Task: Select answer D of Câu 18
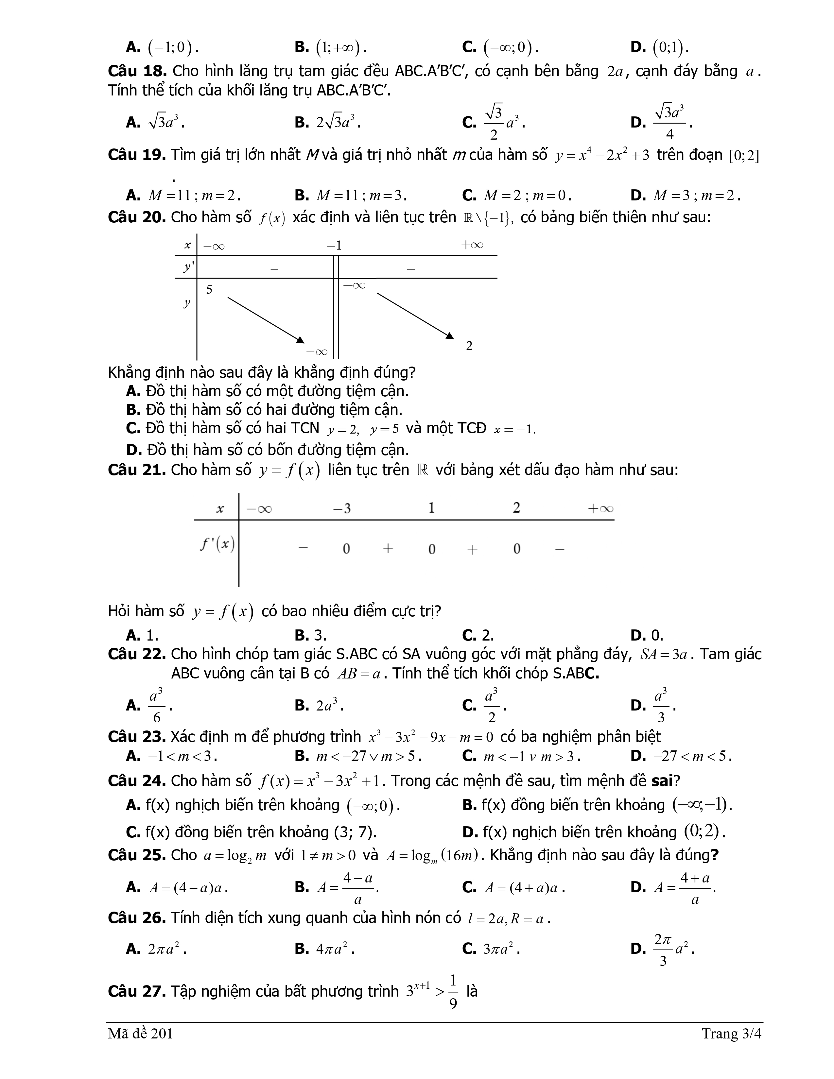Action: tap(662, 122)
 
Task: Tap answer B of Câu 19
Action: tap(351, 196)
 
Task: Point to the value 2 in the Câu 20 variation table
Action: tap(469, 346)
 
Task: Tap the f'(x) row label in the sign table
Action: tap(217, 544)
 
